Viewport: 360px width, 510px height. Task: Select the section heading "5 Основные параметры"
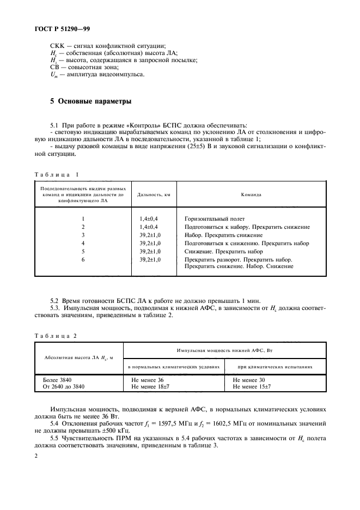(88, 102)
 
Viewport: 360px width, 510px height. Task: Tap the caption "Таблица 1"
(57, 174)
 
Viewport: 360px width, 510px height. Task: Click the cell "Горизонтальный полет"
(214, 218)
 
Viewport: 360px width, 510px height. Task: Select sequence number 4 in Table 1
(83, 242)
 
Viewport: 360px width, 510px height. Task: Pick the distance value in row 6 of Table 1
(150, 259)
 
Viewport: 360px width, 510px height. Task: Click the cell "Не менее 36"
(147, 379)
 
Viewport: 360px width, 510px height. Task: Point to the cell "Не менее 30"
(248, 379)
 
